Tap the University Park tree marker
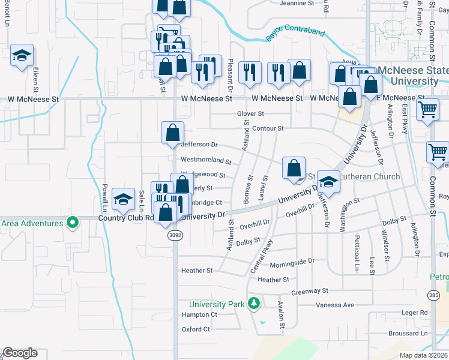(x=254, y=304)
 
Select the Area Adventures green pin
(x=73, y=223)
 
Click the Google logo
(x=20, y=352)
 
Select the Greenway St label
(x=310, y=291)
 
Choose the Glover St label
(x=250, y=113)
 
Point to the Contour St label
(x=268, y=128)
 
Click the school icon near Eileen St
(x=22, y=56)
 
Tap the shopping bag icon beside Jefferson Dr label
(x=172, y=131)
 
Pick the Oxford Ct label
(x=196, y=329)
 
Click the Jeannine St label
(x=297, y=3)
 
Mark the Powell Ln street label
(x=104, y=197)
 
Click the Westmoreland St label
(x=206, y=161)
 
